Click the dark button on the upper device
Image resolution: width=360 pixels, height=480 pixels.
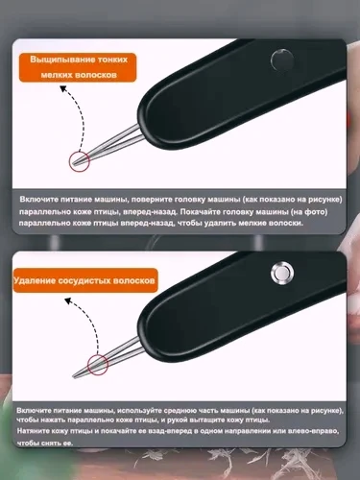pos(282,60)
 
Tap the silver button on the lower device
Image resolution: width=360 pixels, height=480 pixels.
pos(282,273)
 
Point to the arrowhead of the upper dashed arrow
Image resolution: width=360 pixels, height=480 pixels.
pos(63,88)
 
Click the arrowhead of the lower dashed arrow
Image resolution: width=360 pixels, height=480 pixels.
pos(68,300)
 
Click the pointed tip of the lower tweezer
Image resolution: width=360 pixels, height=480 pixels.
pos(74,377)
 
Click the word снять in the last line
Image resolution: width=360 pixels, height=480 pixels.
pos(49,444)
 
